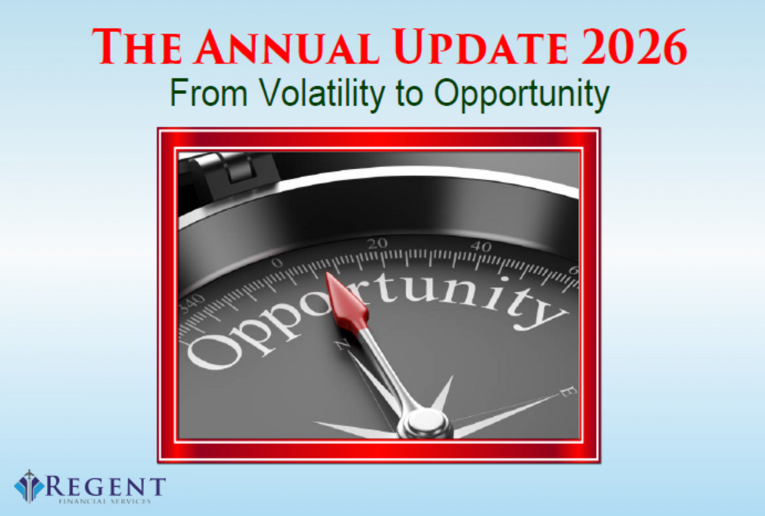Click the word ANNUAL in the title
286,47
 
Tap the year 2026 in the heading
634,47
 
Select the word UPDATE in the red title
481,47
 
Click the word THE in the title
136,47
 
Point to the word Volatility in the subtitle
322,93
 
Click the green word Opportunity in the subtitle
521,94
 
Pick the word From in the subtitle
208,92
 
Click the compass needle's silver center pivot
426,423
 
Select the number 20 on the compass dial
377,243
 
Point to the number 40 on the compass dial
481,246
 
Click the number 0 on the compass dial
277,263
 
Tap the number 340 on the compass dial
193,304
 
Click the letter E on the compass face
568,392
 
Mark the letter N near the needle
342,344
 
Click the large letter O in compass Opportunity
214,351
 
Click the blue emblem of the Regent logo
29,486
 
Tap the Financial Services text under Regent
105,501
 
